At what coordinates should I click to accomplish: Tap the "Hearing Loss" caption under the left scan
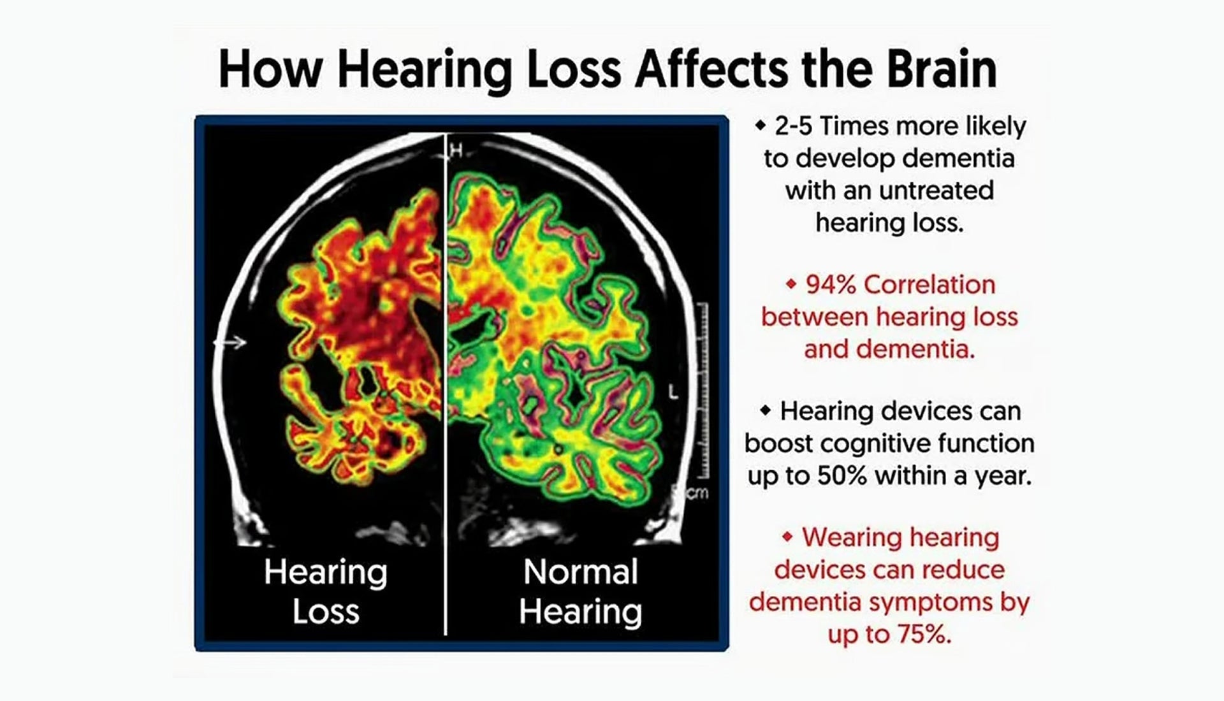[326, 591]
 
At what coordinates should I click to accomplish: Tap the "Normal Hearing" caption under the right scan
[580, 591]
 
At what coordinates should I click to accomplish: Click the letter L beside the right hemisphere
[673, 392]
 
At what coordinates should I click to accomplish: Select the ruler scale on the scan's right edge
[703, 391]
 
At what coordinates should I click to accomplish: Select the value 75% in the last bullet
[926, 634]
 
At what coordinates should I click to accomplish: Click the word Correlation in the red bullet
[929, 285]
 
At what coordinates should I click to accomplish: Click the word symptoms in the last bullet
[931, 602]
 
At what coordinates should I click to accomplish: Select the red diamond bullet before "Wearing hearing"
[788, 537]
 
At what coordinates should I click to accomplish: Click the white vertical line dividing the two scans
[445, 384]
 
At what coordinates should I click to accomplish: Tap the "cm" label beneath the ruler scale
[696, 493]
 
